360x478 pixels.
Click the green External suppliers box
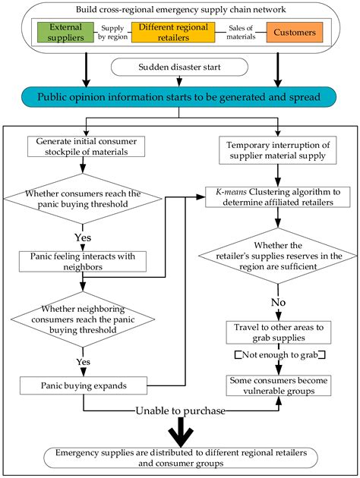[x=65, y=33]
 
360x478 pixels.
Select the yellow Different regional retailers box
[x=173, y=33]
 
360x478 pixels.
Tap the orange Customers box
[x=295, y=33]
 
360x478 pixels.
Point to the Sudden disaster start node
[x=179, y=67]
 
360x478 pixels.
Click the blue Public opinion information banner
[x=179, y=97]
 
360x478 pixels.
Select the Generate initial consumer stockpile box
[x=87, y=146]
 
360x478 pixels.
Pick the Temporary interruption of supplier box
[x=278, y=150]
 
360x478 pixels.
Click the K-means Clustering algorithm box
[x=278, y=197]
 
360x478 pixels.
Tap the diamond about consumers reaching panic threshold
[x=83, y=199]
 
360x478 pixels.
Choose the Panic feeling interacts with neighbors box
[x=83, y=262]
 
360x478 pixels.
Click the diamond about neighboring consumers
[x=83, y=319]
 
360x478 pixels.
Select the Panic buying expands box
[x=84, y=385]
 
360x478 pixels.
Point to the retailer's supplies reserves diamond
[x=278, y=256]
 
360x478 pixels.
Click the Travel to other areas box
[x=279, y=332]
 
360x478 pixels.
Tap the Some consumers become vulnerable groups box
[x=279, y=385]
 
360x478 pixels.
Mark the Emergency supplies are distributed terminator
[x=181, y=458]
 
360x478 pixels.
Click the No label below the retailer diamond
[x=278, y=303]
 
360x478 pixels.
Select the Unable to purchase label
[x=181, y=411]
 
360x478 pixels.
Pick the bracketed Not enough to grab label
[x=279, y=355]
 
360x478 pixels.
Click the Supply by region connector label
[x=112, y=33]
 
